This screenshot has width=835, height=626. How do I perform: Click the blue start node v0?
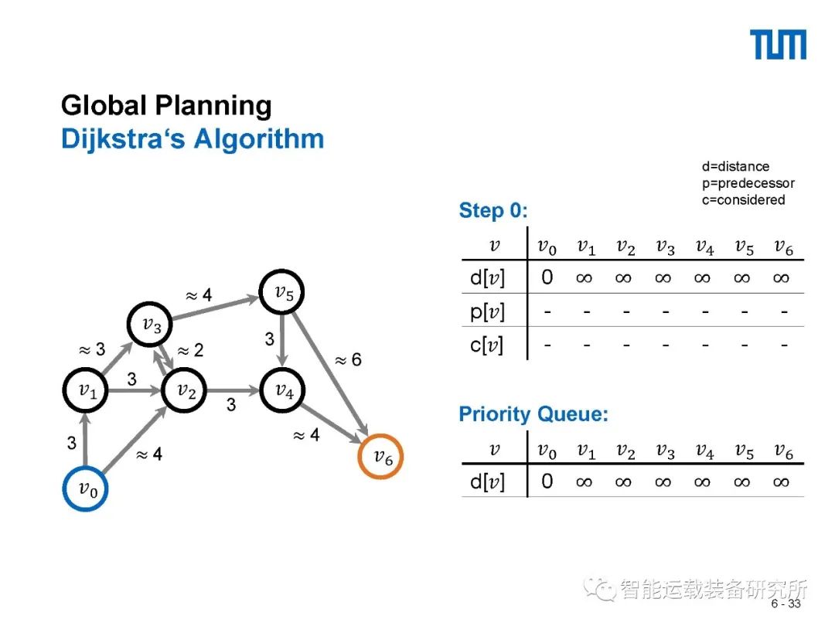(x=85, y=488)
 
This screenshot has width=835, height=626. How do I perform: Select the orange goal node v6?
(x=382, y=457)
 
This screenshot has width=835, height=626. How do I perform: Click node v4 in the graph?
(x=284, y=391)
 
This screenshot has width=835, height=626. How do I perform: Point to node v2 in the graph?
(x=186, y=391)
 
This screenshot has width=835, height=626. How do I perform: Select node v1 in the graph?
(x=86, y=391)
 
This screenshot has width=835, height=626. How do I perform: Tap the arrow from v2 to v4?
(x=234, y=391)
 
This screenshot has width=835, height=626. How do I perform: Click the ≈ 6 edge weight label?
(x=348, y=360)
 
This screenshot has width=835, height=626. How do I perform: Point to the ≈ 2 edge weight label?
(x=190, y=351)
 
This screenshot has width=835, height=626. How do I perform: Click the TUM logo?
(x=778, y=45)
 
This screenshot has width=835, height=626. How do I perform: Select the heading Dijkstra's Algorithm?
(x=192, y=140)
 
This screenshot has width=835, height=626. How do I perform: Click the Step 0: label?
(x=493, y=211)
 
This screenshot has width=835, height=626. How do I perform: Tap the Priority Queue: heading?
(x=533, y=414)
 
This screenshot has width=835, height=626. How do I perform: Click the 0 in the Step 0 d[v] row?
(x=547, y=277)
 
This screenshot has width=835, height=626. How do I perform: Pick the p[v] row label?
(x=486, y=311)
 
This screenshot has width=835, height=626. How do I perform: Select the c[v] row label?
(x=486, y=345)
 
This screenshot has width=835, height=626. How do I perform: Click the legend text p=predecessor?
(x=748, y=183)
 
